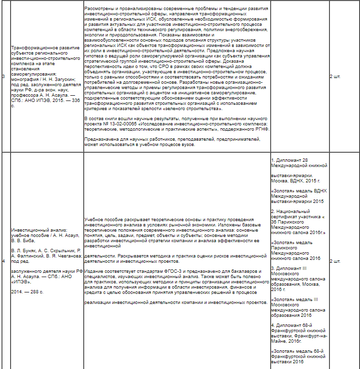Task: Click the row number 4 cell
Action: [x=3, y=261]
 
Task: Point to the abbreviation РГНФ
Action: [x=262, y=129]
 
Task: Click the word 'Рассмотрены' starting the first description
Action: [x=98, y=9]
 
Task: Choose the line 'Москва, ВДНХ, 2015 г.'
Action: [x=295, y=180]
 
